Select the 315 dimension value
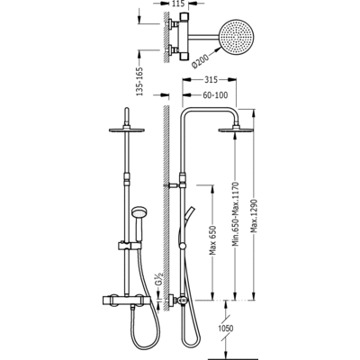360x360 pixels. (211, 79)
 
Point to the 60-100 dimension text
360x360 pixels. (215, 95)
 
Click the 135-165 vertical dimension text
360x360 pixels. (139, 81)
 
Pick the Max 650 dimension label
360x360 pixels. (212, 239)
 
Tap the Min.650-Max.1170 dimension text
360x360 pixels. (236, 214)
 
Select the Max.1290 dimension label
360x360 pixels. (255, 216)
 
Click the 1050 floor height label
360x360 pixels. (226, 328)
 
